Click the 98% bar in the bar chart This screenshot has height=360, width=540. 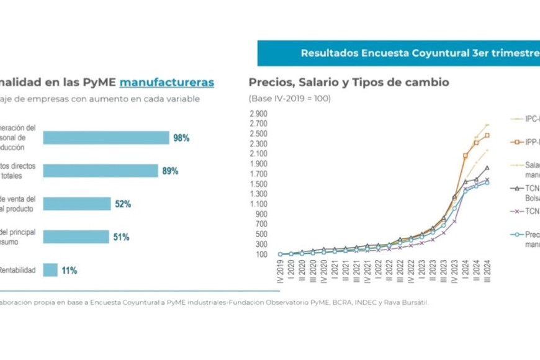click(106, 138)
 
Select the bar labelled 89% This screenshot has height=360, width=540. click(100, 171)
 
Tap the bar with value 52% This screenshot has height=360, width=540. click(76, 204)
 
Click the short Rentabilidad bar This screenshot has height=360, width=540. click(50, 270)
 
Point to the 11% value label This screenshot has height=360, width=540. click(70, 271)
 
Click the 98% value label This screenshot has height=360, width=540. click(181, 138)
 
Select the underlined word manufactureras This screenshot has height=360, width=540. click(166, 82)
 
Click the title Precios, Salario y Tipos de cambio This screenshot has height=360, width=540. click(348, 82)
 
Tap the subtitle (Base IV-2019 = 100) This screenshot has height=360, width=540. click(290, 98)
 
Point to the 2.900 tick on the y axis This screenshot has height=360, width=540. click(258, 114)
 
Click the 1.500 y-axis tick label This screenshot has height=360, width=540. click(258, 184)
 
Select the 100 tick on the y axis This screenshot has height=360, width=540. click(261, 254)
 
